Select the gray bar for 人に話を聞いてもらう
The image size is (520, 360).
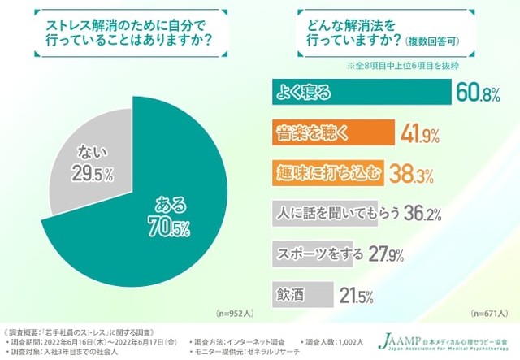(341, 212)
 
